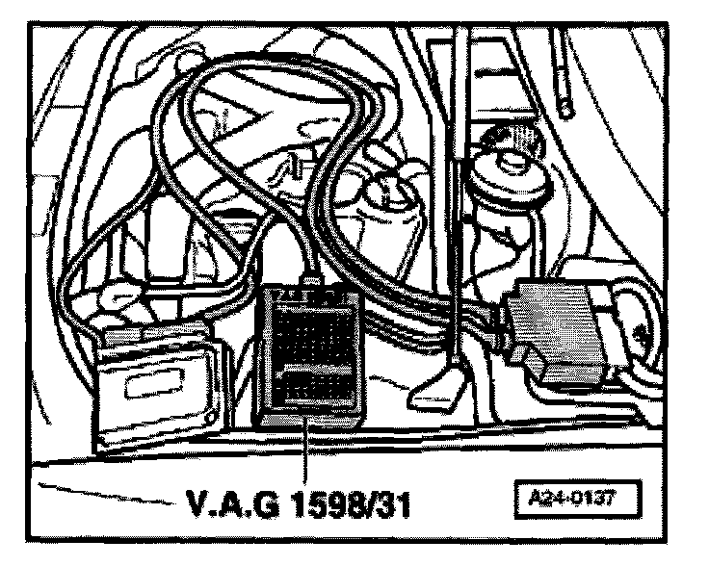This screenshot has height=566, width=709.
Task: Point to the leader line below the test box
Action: click(x=306, y=457)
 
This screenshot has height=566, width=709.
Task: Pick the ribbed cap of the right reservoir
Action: click(x=510, y=144)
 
